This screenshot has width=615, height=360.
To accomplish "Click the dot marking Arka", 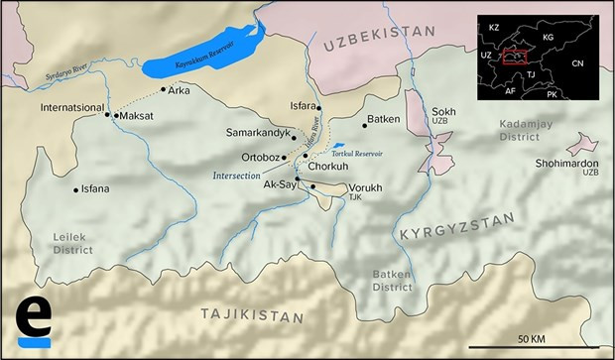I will [164, 90].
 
